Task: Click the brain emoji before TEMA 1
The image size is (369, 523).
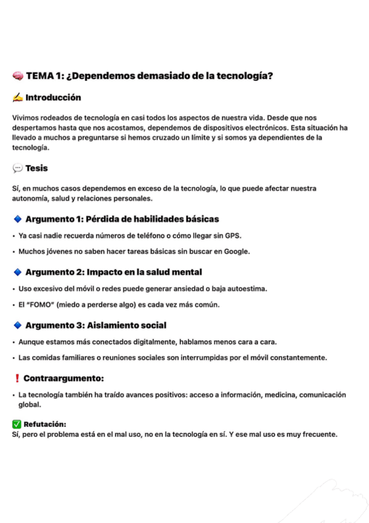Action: [x=18, y=76]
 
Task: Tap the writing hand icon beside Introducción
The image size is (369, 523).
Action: [x=17, y=97]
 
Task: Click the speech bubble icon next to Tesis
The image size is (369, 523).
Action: [x=17, y=168]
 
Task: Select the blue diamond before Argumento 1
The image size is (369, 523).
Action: [x=17, y=219]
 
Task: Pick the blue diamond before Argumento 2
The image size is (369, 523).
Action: [x=17, y=272]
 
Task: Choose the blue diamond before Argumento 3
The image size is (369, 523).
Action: [x=17, y=325]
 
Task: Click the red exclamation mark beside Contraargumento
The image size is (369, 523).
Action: [x=17, y=377]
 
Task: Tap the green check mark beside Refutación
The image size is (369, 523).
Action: [x=17, y=424]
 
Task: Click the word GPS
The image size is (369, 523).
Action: [x=232, y=235]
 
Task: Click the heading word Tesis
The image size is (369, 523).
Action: [x=36, y=168]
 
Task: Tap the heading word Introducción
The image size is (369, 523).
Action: [x=53, y=97]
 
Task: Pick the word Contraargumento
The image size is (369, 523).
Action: [x=63, y=377]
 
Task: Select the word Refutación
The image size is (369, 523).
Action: [x=44, y=424]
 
